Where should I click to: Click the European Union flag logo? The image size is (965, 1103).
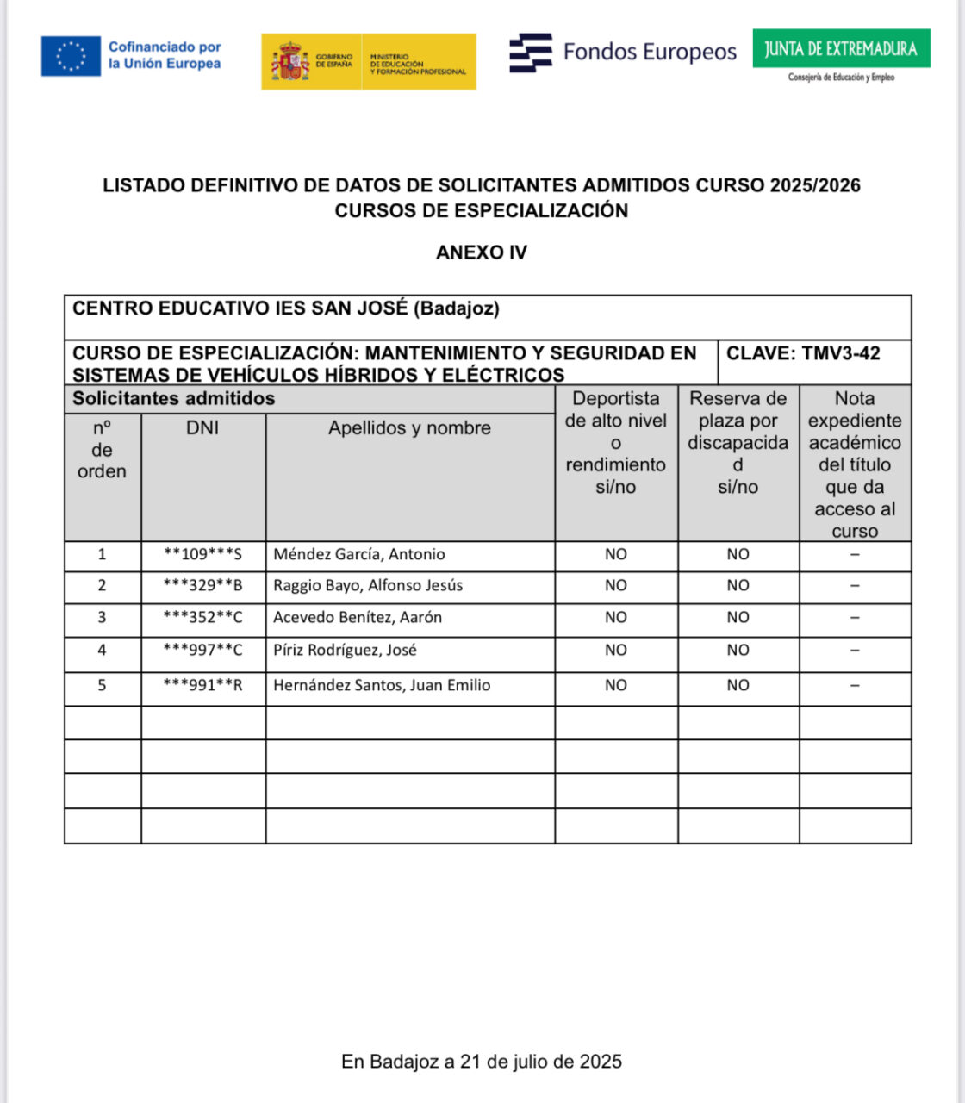point(71,56)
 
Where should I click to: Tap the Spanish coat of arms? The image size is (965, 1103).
point(290,62)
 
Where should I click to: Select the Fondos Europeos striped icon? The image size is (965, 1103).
point(530,53)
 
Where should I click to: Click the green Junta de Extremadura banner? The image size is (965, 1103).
point(840,48)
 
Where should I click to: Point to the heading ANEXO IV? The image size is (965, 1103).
point(482,252)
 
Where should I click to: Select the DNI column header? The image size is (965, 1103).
point(202,428)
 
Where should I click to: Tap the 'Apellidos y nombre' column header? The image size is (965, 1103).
point(409,428)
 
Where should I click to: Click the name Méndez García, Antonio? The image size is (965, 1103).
point(358,555)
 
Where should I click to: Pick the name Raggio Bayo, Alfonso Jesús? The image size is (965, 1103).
point(368,586)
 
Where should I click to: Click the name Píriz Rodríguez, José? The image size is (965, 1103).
point(345,651)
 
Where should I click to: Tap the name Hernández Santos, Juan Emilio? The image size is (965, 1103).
point(382,686)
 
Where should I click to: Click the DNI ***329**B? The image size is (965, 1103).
point(202,586)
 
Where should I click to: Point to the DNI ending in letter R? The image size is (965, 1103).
point(202,686)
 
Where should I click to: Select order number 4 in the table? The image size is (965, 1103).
point(102,651)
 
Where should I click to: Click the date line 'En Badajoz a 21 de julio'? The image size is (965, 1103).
point(481,1062)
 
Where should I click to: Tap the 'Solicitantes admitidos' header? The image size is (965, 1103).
point(173,399)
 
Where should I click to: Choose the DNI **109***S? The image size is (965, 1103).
point(202,555)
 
